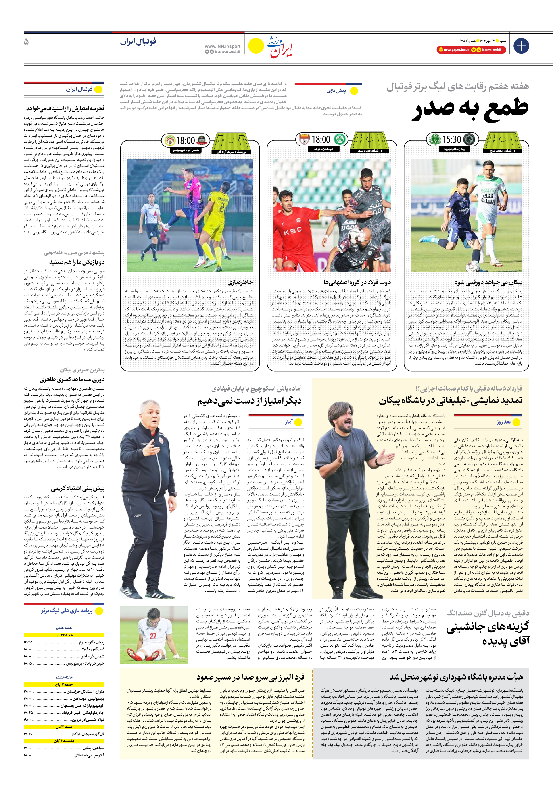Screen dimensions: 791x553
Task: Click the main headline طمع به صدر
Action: (470, 109)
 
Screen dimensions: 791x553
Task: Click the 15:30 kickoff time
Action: (451, 140)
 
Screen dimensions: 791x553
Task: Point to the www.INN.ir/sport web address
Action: (222, 46)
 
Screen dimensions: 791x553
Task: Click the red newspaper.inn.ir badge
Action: (453, 50)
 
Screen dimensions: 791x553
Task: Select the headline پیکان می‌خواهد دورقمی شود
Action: (488, 282)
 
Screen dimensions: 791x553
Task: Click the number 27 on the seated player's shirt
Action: (153, 636)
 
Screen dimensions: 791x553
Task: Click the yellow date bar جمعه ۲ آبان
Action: (64, 684)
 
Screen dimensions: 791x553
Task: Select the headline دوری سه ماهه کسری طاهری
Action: (72, 379)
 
